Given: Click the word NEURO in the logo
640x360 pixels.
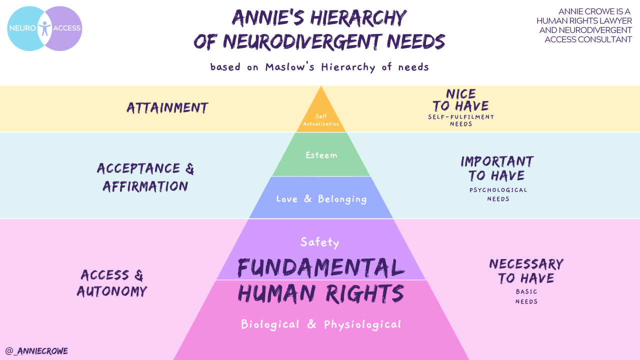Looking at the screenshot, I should click(22, 28).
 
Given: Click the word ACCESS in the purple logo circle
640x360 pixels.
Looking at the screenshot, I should click(66, 28).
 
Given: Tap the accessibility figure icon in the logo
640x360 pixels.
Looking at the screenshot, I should click(44, 27).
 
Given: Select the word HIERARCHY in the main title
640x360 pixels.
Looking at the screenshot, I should click(358, 19).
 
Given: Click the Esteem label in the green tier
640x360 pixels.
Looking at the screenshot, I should click(321, 155).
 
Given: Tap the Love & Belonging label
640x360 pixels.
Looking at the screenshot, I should click(321, 199).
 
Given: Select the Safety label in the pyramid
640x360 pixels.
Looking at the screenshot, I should click(320, 242).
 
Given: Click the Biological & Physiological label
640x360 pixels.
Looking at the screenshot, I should click(321, 324).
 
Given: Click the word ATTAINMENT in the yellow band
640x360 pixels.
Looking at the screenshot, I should click(167, 108).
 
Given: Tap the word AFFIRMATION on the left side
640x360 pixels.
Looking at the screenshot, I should click(145, 186).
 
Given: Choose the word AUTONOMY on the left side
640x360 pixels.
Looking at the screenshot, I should click(112, 291).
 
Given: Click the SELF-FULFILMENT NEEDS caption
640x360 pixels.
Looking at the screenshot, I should click(461, 120).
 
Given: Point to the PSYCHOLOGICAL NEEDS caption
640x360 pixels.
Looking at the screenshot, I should click(498, 194).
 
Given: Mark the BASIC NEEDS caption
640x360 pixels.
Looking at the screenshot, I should click(526, 296).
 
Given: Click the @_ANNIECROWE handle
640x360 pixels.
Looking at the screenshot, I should click(36, 351).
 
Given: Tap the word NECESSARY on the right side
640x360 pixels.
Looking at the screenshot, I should click(526, 264).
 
